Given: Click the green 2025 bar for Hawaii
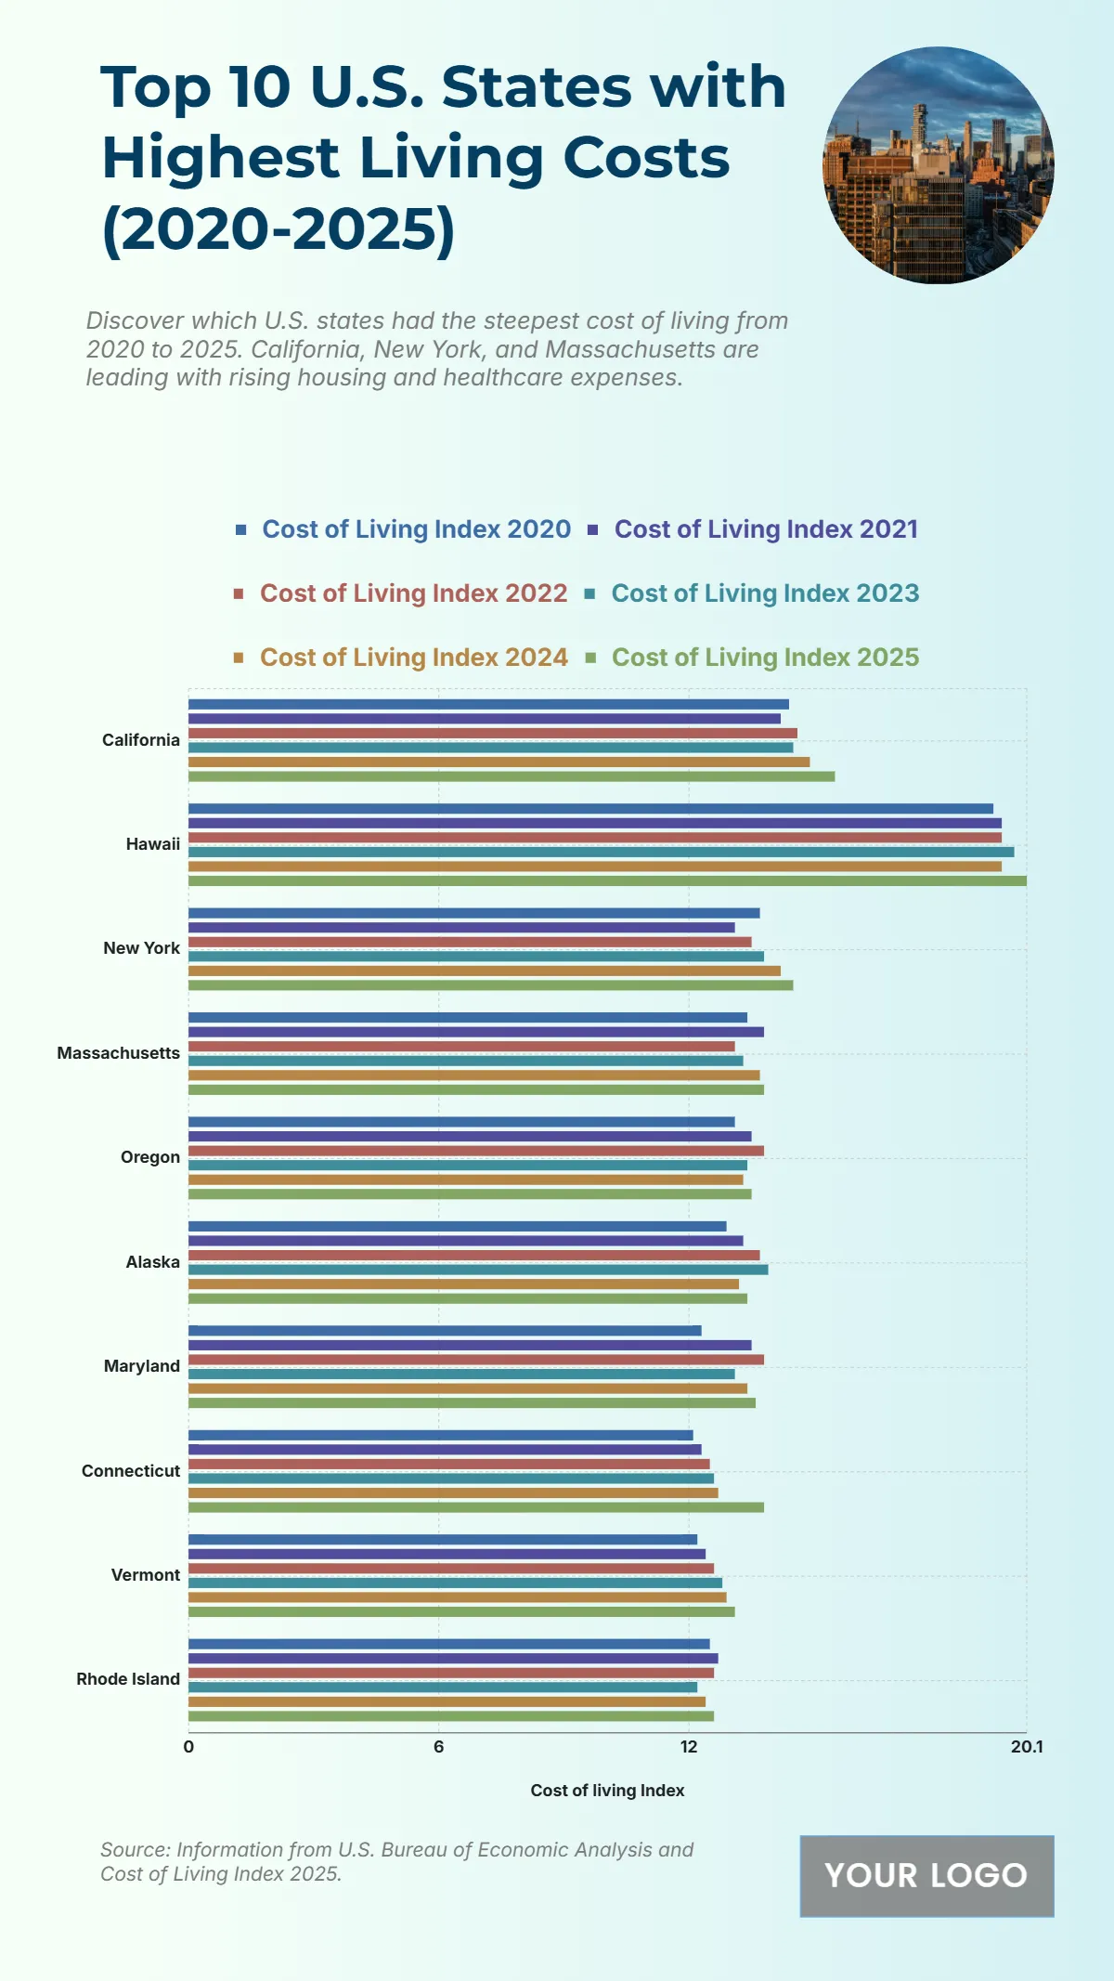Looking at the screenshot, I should click(607, 880).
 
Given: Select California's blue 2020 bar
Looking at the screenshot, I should click(488, 704).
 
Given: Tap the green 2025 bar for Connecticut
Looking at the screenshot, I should click(475, 1506).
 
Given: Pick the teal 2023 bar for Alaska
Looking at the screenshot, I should click(478, 1269).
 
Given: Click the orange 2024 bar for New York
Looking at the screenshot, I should click(484, 971).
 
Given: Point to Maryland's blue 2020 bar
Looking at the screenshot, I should click(445, 1330).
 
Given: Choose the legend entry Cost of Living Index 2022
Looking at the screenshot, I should click(413, 593).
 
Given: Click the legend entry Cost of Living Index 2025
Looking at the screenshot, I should click(765, 658).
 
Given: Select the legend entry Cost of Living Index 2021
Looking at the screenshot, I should click(766, 529).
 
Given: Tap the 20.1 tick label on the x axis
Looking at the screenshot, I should click(1026, 1746).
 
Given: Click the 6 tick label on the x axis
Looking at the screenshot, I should click(438, 1746).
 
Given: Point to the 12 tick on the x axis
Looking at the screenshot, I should click(689, 1746).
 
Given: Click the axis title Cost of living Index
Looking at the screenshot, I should click(607, 1790).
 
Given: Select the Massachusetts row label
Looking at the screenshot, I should click(119, 1052).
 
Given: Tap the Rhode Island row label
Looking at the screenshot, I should click(128, 1678).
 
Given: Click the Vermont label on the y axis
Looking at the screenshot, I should click(146, 1574).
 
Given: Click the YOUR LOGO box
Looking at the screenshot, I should click(926, 1875).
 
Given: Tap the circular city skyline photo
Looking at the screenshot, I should click(939, 165).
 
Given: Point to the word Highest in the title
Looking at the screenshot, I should click(221, 158).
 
